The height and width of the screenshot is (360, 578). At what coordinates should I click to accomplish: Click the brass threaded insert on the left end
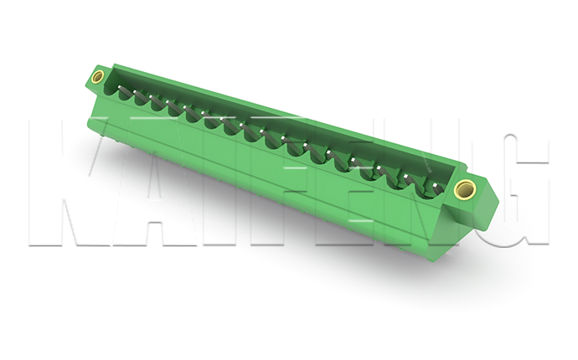click(98, 77)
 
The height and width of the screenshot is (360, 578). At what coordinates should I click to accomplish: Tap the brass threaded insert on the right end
click(465, 189)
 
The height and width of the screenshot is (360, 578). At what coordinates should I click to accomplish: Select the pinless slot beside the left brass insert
click(111, 90)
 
